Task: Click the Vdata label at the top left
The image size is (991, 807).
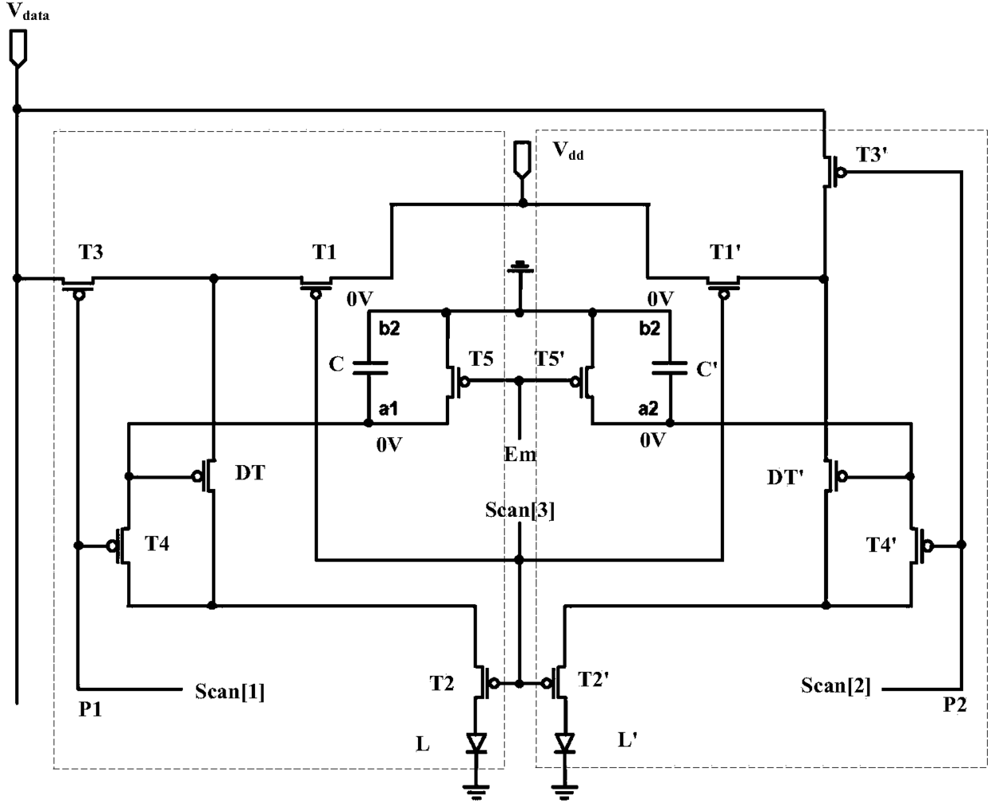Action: (x=28, y=11)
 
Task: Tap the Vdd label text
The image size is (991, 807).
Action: (x=567, y=151)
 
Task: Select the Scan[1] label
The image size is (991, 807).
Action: (x=229, y=692)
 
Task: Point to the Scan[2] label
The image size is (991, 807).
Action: (x=835, y=686)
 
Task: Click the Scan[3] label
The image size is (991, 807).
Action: (x=519, y=511)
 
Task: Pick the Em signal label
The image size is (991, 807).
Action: (x=520, y=454)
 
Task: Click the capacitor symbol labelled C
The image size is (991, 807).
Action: (x=370, y=368)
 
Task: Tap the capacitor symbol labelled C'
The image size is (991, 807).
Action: (x=670, y=368)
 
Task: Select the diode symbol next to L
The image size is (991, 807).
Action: (x=476, y=743)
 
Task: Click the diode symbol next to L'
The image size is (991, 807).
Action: (x=565, y=743)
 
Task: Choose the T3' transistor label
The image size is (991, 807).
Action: (x=871, y=155)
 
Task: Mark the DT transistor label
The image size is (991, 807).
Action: (x=250, y=473)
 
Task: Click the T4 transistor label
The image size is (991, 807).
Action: (x=157, y=543)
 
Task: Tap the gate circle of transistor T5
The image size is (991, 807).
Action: (x=464, y=382)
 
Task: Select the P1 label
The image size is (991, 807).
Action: (x=90, y=709)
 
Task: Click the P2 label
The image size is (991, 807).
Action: (x=955, y=705)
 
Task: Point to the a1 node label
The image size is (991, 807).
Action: (x=388, y=408)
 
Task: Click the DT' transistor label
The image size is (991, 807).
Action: (x=785, y=477)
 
